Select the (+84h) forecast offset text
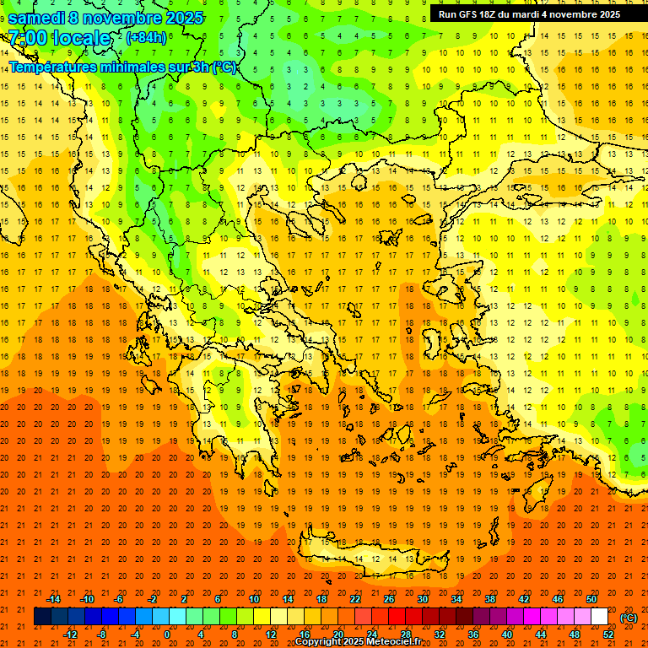(x=146, y=37)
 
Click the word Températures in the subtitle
(x=51, y=67)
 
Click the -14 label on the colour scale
(x=53, y=599)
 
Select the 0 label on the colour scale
(x=167, y=634)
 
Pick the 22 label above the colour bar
(x=354, y=599)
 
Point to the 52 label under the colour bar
(x=607, y=634)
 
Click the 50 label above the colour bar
(x=591, y=599)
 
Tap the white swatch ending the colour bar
(x=599, y=617)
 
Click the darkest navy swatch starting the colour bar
(x=42, y=617)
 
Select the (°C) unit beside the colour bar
(x=628, y=618)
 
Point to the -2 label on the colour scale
(x=153, y=599)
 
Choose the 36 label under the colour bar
(x=472, y=634)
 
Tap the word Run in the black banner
(x=448, y=14)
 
